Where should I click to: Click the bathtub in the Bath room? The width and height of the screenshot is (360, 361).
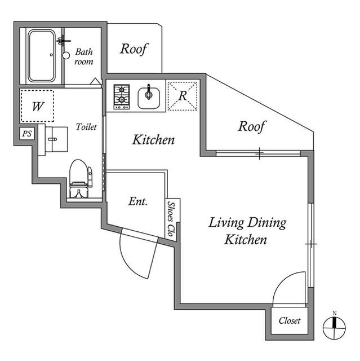[x=42, y=55]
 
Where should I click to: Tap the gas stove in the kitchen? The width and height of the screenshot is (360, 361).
[x=122, y=96]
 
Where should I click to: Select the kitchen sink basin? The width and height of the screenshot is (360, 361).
[x=149, y=98]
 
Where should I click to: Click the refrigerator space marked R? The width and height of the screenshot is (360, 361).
[x=183, y=96]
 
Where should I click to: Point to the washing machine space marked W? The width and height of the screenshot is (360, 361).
[x=38, y=106]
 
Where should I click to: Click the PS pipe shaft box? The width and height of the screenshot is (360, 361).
[x=27, y=134]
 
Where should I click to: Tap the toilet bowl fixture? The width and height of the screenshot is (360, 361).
[x=79, y=179]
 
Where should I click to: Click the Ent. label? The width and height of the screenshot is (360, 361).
[x=138, y=201]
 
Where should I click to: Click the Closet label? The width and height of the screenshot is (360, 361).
[x=290, y=320]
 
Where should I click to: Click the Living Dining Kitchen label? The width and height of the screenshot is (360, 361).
[x=247, y=231]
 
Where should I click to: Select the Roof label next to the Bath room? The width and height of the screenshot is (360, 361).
[x=134, y=49]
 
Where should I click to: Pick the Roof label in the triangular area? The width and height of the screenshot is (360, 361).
[x=252, y=126]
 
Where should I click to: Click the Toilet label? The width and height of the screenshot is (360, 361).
[x=86, y=127]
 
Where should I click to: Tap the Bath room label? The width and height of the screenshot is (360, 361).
[x=84, y=56]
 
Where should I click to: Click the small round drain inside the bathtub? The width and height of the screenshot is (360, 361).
[x=51, y=55]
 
